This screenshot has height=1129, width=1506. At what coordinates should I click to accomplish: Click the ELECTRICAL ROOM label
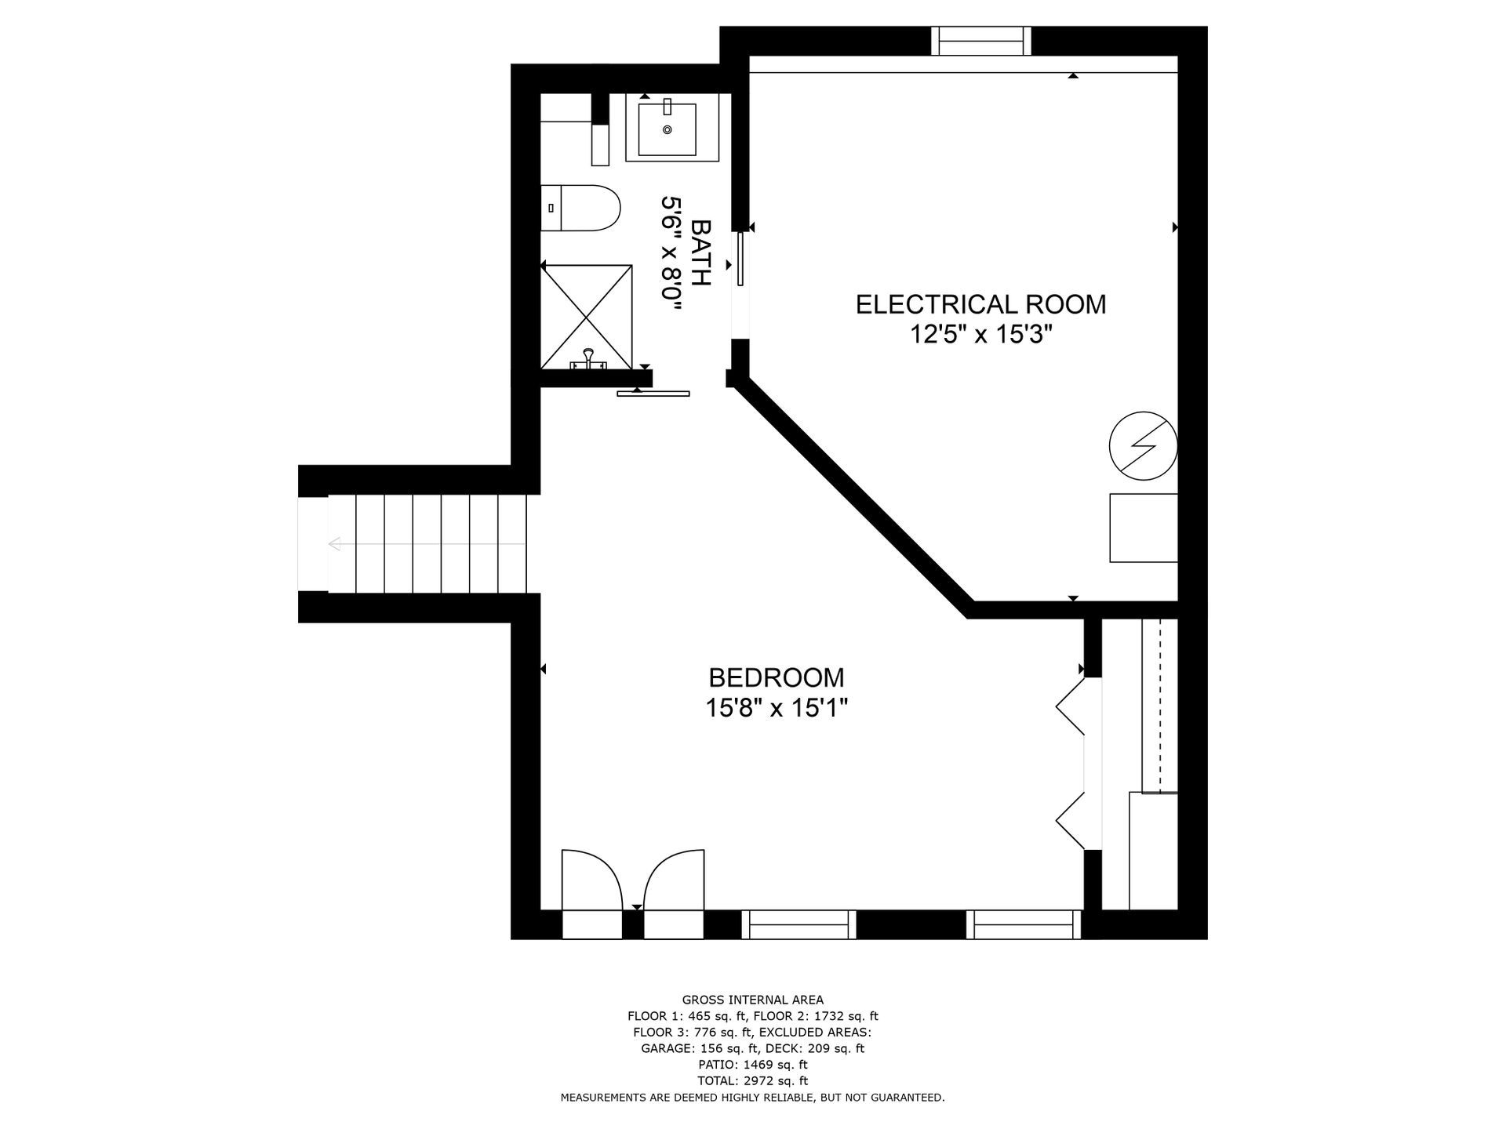[x=980, y=304]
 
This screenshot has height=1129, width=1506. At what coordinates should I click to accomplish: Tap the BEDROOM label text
[x=777, y=677]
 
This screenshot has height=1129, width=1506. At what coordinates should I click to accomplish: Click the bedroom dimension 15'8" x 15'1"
[x=777, y=709]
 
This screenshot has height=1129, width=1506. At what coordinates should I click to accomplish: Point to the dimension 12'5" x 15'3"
[x=980, y=335]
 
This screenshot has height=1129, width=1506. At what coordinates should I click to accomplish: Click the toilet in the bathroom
[x=580, y=208]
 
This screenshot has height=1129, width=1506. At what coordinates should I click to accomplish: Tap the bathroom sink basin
[x=667, y=129]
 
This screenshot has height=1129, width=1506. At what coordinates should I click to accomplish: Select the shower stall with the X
[x=587, y=315]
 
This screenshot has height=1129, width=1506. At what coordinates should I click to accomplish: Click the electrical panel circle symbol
[x=1144, y=445]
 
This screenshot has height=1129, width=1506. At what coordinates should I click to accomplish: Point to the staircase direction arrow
[x=427, y=543]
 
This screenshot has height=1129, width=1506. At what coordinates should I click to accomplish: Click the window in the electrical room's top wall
[x=980, y=41]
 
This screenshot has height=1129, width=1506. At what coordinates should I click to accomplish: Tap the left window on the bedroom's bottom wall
[x=798, y=924]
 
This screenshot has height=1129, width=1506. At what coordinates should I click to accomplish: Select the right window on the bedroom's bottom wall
[x=1023, y=924]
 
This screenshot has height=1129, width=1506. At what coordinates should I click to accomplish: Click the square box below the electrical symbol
[x=1144, y=528]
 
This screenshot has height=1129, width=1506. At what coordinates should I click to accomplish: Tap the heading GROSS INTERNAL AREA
[x=752, y=1000]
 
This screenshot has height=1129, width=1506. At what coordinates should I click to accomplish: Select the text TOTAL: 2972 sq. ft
[x=752, y=1081]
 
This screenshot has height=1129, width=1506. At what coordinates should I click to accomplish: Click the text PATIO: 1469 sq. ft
[x=752, y=1065]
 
